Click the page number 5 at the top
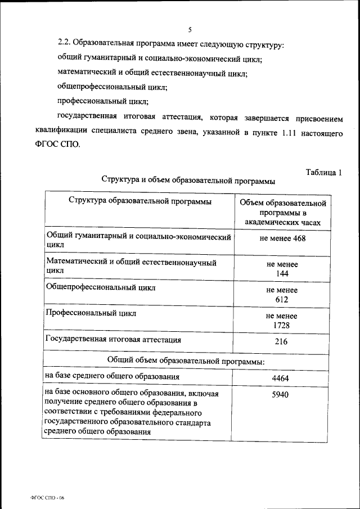[190, 30]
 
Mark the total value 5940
[280, 395]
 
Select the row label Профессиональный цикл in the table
[91, 313]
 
